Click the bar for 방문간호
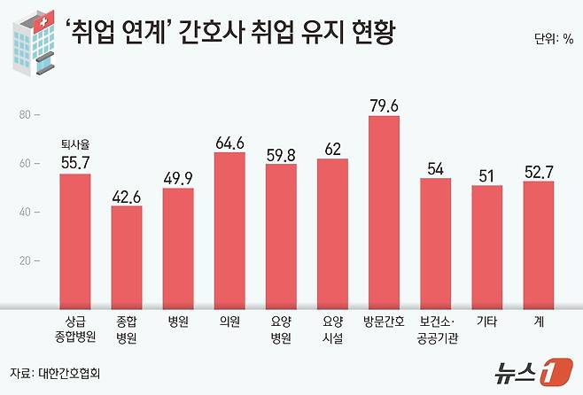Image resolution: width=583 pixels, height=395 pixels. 384,213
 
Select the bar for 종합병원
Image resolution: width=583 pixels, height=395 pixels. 127,257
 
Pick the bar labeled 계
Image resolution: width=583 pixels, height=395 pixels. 538,244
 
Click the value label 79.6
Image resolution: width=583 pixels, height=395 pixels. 384,105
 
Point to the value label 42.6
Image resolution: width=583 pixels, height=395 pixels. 127,196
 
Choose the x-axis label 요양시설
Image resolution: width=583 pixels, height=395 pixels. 332,329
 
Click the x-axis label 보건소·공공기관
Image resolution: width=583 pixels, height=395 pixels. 435,329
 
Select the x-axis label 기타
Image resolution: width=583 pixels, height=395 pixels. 486,322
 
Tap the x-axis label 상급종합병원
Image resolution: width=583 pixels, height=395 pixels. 75,329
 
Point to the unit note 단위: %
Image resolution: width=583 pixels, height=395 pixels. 554,40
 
